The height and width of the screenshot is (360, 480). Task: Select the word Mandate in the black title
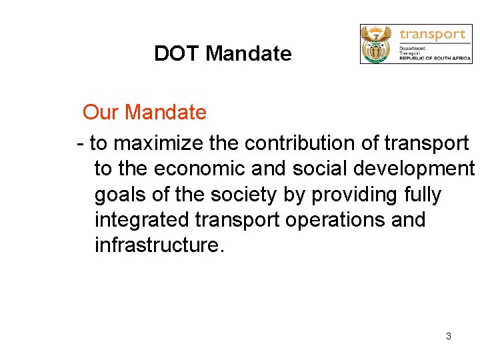[x=248, y=53]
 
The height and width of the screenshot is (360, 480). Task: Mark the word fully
[x=423, y=195]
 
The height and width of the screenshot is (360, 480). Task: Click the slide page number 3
[x=448, y=336]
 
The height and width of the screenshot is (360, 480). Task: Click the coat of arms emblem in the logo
[x=378, y=44]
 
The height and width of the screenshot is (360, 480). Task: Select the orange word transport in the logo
[x=432, y=34]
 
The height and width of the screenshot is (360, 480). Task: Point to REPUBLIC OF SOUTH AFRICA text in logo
[x=435, y=59]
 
